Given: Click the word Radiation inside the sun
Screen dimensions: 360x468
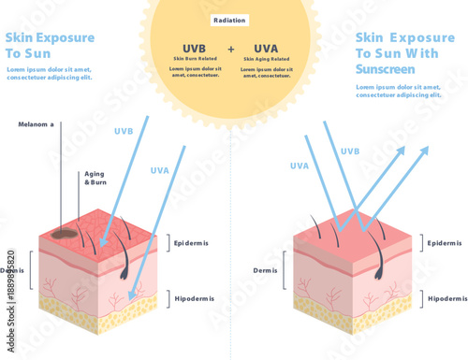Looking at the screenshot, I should coord(231,20).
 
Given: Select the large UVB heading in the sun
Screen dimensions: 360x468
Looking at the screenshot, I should coord(195,49).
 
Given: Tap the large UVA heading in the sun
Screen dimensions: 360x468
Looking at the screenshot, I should coord(266,49).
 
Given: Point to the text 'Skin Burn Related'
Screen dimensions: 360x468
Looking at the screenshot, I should coord(195,59).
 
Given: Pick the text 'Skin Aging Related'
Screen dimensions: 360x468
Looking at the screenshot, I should coord(266,59).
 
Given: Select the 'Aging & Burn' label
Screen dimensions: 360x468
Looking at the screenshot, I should coord(95,178).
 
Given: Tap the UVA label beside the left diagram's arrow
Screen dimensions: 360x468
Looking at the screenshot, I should coord(160,170).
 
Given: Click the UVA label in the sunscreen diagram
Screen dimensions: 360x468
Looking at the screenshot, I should coord(300,166).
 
